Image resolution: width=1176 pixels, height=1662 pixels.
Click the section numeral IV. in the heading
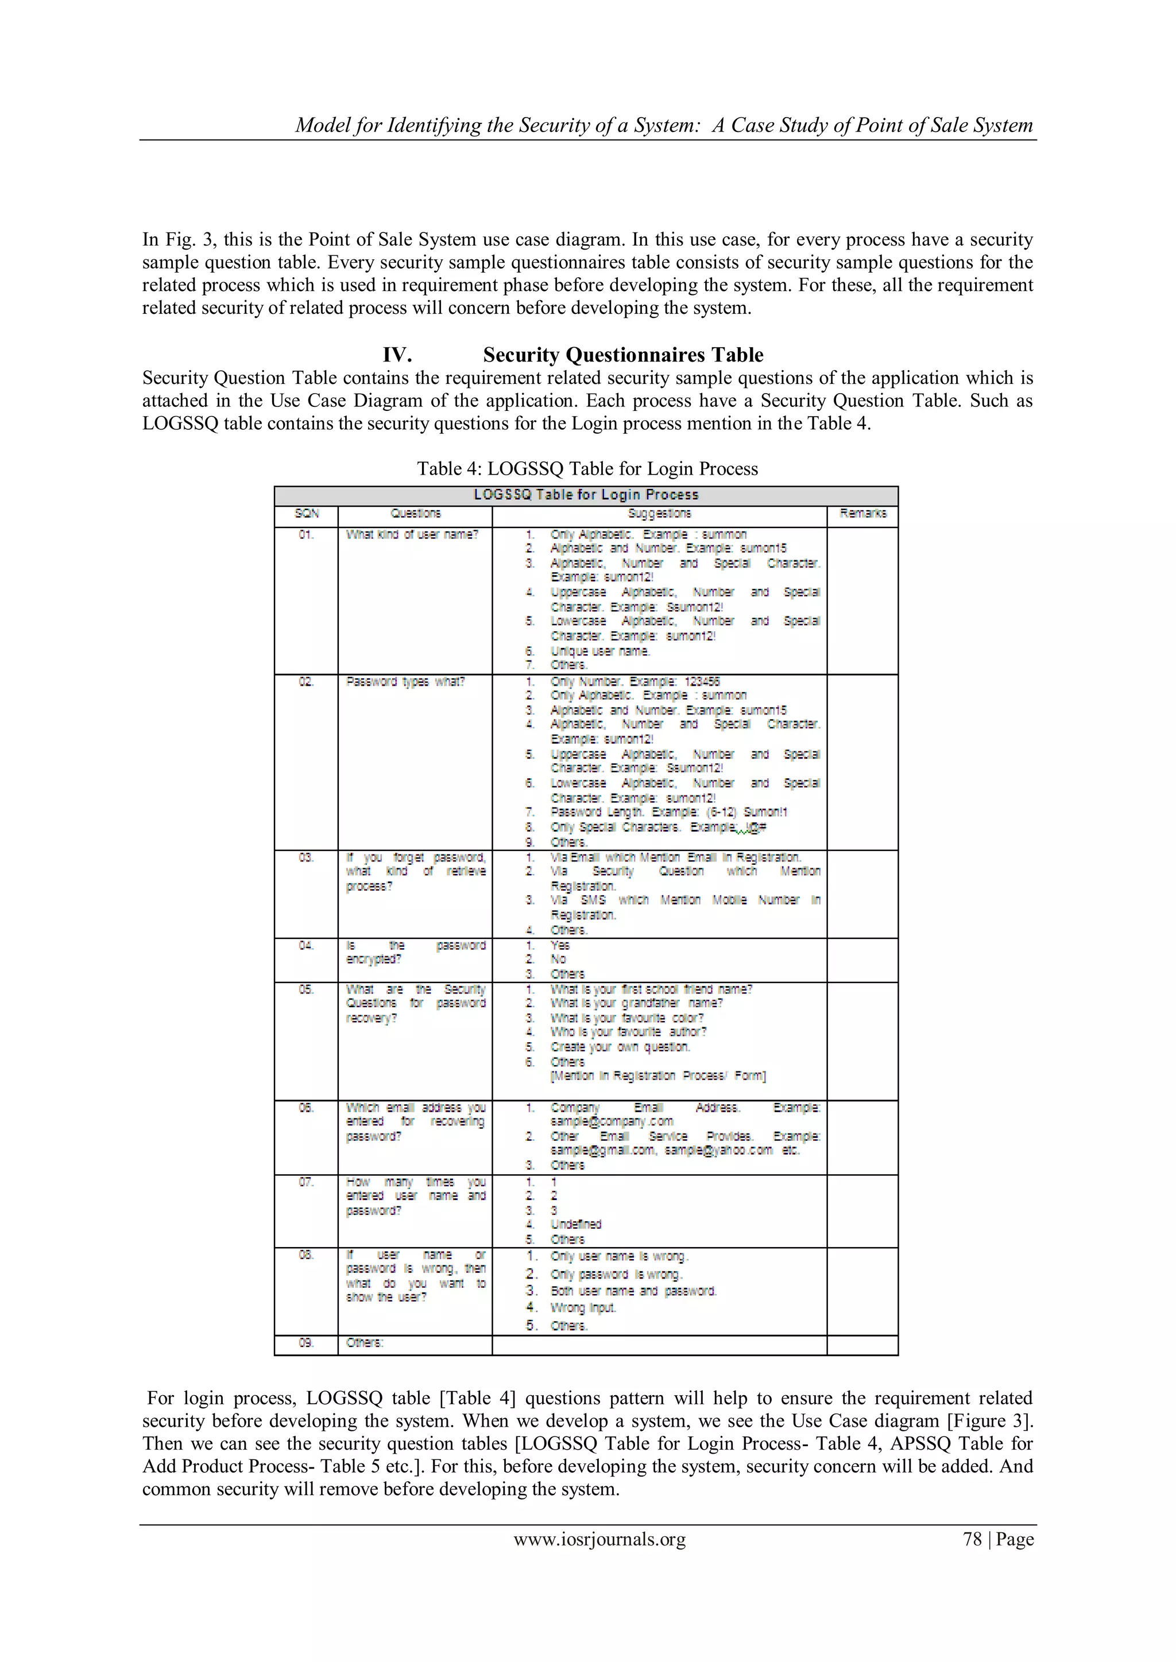pos(397,355)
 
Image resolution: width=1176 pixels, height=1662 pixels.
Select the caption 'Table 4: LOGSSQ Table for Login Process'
pos(587,469)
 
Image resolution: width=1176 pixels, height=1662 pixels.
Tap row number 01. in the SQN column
pos(305,535)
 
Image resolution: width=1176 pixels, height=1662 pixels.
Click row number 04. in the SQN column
pos(305,945)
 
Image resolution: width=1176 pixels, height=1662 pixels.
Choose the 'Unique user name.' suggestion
pos(600,651)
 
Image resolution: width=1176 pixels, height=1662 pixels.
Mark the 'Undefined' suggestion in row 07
pos(576,1224)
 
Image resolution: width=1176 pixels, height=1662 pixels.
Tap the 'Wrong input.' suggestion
pos(583,1307)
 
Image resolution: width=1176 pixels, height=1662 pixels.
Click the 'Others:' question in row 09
pos(364,1343)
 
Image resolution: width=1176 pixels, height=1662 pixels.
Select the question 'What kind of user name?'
pos(412,535)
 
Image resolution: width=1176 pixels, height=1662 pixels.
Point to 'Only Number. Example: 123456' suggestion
pos(635,682)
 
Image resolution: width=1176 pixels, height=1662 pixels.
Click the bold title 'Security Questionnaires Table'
pos(623,355)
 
